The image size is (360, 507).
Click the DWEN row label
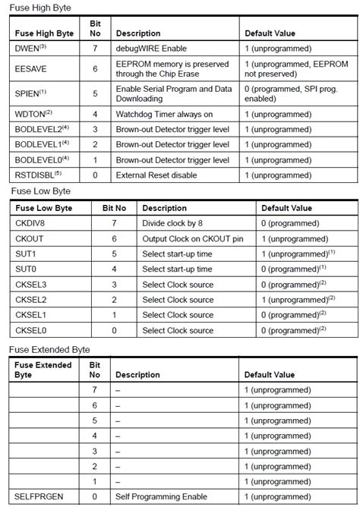click(x=28, y=49)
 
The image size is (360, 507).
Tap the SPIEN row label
click(x=29, y=93)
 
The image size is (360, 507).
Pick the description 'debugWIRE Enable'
click(x=151, y=49)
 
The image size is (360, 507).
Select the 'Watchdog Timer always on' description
click(x=164, y=115)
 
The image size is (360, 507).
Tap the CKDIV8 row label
click(x=31, y=224)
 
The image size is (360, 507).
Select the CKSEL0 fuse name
click(x=30, y=330)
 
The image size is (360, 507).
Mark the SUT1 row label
click(x=26, y=254)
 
